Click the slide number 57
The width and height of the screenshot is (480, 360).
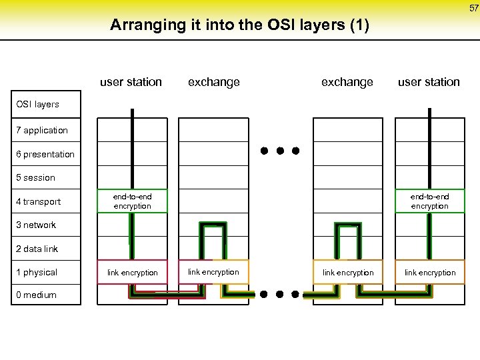[473, 7]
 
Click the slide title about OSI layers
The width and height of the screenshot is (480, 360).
[239, 25]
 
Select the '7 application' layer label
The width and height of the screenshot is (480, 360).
[42, 130]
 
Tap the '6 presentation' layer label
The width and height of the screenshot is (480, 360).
[45, 154]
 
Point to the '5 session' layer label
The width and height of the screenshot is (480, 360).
[36, 177]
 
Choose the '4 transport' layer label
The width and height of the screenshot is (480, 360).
[39, 201]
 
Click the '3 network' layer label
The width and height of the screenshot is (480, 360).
[36, 225]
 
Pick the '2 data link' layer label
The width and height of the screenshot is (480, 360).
[37, 249]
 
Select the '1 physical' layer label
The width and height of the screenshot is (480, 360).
[37, 272]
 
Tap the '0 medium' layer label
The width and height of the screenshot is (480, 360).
[36, 295]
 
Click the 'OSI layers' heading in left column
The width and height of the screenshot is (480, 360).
[37, 104]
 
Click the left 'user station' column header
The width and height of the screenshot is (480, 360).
[131, 82]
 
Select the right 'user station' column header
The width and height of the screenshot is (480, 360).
[429, 82]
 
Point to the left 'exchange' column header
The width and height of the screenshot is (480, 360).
[213, 82]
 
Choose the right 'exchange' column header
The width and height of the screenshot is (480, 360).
[347, 82]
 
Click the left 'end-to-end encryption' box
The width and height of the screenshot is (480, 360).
[132, 201]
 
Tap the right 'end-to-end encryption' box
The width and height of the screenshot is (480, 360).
[430, 201]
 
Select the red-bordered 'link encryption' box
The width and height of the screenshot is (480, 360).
[132, 272]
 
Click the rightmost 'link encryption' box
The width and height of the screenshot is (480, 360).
[430, 272]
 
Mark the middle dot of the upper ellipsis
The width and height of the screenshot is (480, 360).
[280, 151]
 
